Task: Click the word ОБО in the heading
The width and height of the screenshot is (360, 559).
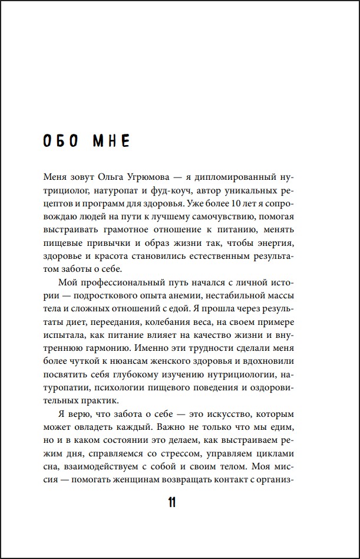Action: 64,142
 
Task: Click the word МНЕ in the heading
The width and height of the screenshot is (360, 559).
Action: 112,142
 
